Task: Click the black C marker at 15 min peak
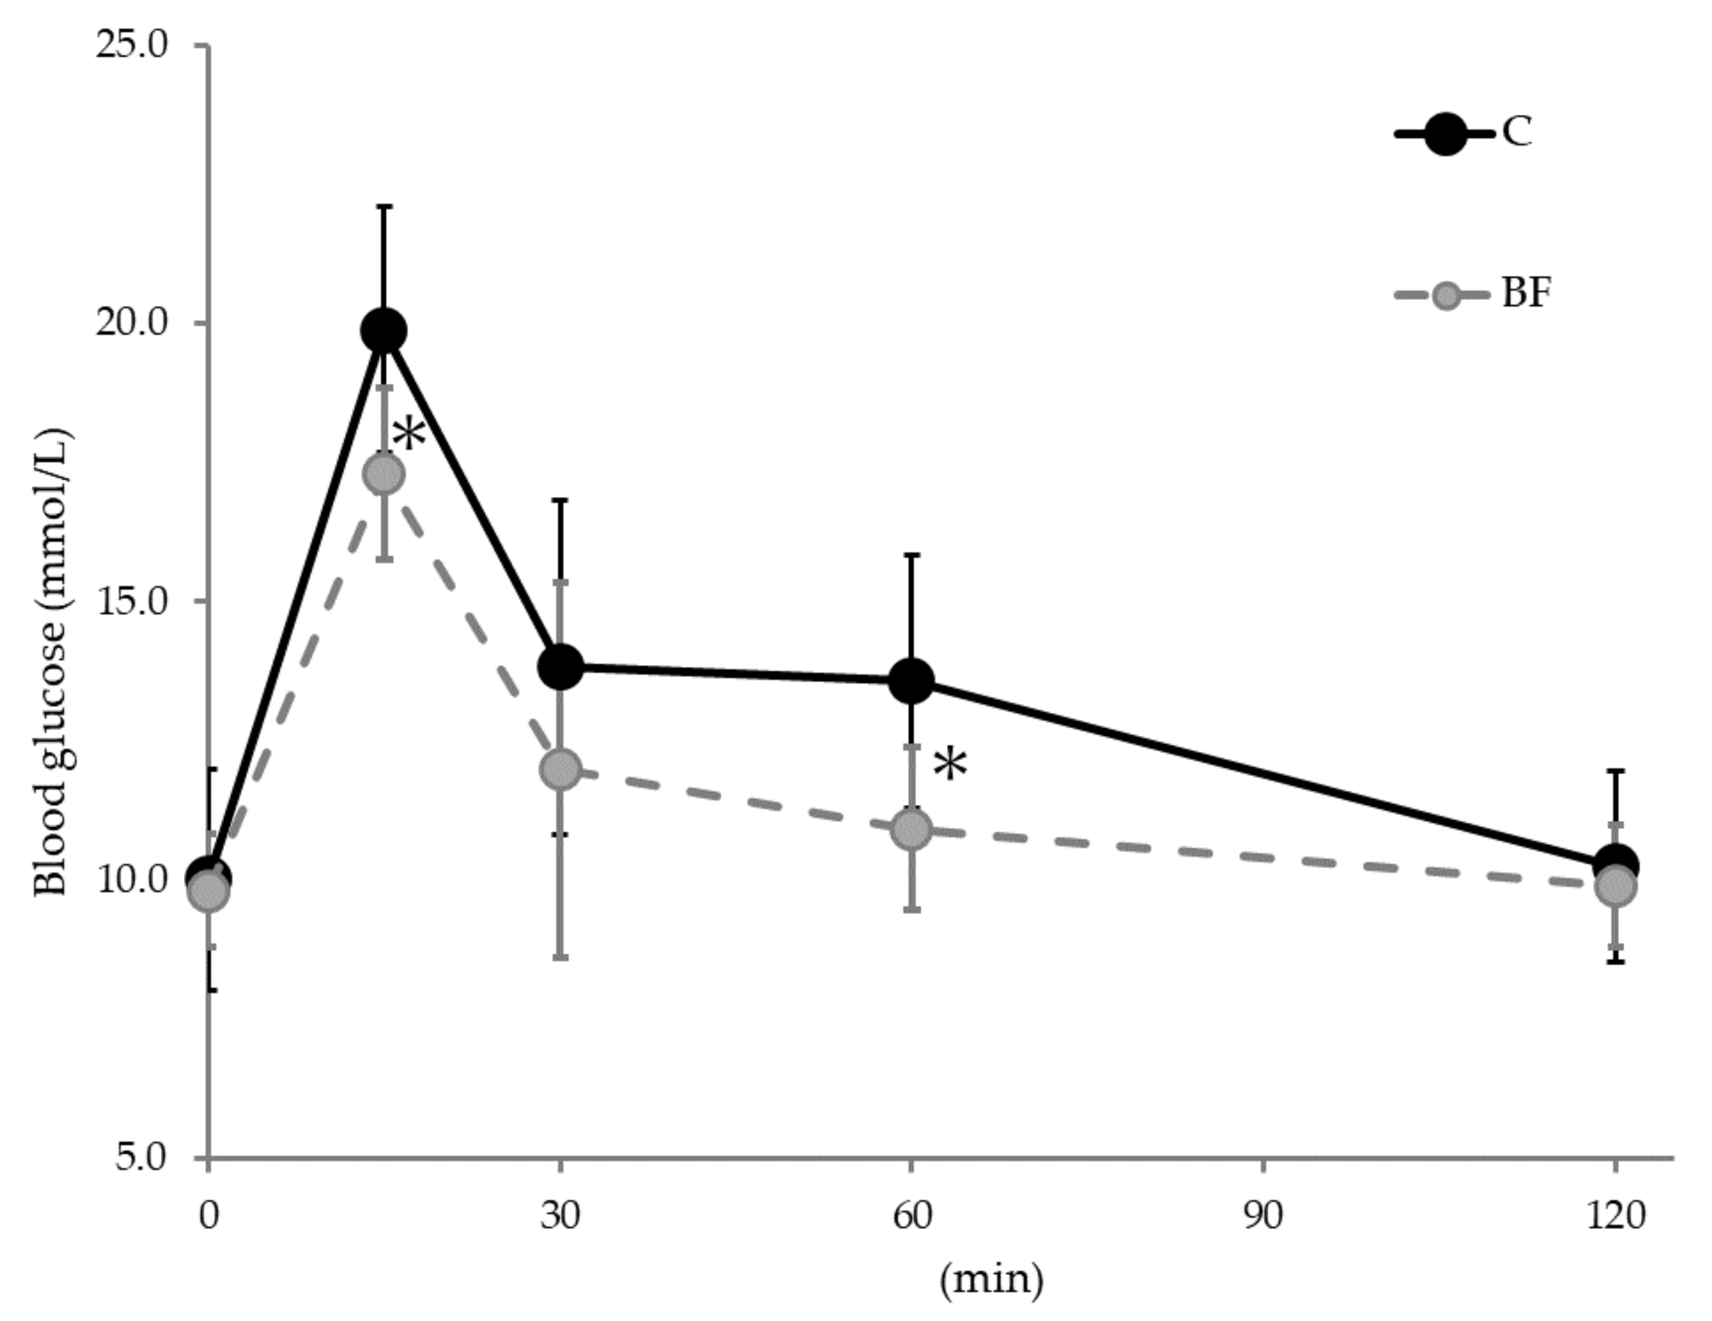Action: [x=383, y=331]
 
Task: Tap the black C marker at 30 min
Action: [x=560, y=667]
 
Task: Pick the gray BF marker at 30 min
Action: [x=560, y=769]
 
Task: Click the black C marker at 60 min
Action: [x=912, y=680]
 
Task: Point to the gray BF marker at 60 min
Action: [x=912, y=829]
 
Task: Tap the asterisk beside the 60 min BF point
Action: [x=950, y=765]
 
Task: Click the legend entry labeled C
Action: [x=1517, y=133]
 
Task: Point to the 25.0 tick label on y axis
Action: [x=131, y=45]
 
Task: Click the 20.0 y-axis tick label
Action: [x=131, y=323]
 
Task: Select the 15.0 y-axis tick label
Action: [x=131, y=601]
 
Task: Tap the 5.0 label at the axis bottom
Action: [x=141, y=1158]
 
